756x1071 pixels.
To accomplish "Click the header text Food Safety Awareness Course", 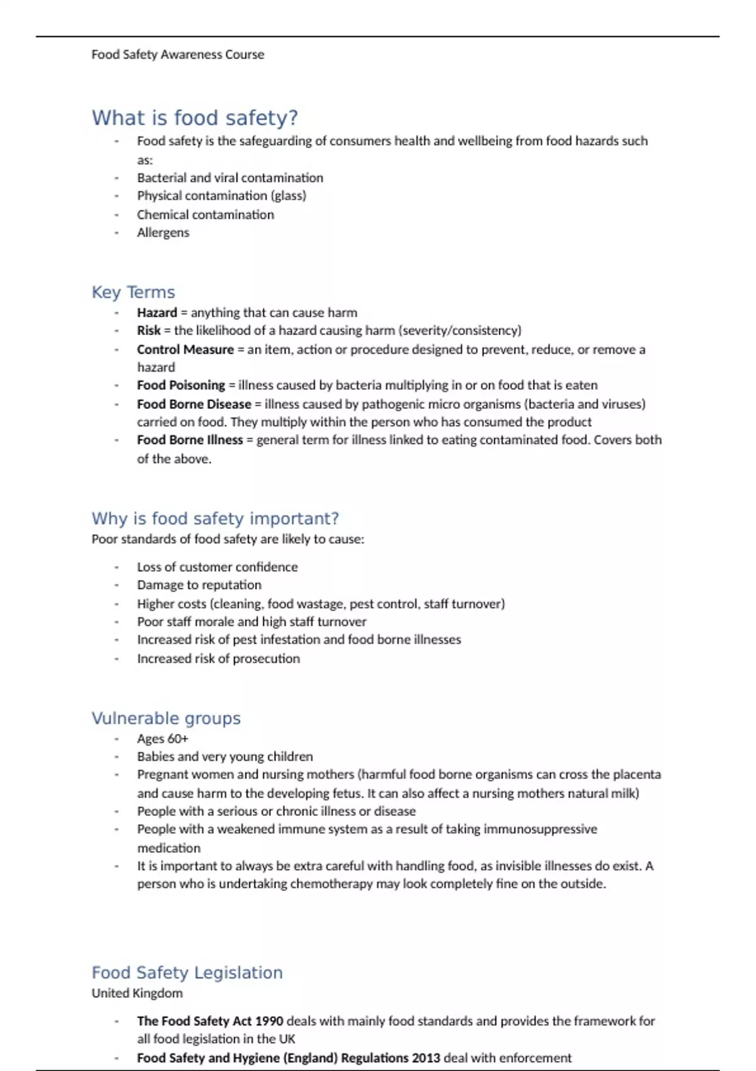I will point(178,55).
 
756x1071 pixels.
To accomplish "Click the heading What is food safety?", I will point(195,118).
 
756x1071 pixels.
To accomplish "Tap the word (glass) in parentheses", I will point(289,196).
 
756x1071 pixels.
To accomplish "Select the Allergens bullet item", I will point(163,232).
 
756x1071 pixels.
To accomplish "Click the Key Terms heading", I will point(133,292).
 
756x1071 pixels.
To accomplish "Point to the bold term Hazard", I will point(157,312).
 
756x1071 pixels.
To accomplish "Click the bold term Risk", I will point(149,331).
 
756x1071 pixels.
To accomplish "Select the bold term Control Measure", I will point(185,350).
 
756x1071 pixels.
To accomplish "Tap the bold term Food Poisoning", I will point(181,385).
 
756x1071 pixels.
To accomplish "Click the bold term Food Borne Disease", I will point(194,404).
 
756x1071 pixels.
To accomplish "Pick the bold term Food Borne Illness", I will point(190,440).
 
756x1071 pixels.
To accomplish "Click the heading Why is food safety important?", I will point(215,518).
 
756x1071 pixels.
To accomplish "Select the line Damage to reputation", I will point(199,585).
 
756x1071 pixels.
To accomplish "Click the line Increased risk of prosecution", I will point(218,658).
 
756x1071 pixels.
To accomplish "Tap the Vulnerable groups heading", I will point(166,718).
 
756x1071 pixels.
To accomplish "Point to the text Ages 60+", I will point(163,738).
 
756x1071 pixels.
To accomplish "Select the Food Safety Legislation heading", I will point(186,973).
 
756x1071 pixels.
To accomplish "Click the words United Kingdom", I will point(137,994).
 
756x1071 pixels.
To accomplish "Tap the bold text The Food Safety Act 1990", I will point(210,1021).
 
